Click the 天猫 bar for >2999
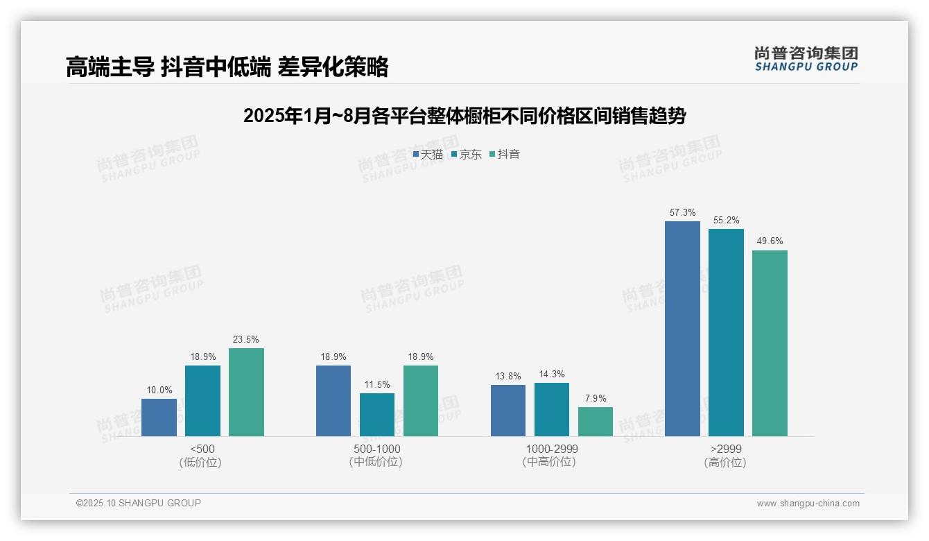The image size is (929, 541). [682, 329]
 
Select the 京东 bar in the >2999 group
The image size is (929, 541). [726, 333]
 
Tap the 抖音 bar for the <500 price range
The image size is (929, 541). [246, 392]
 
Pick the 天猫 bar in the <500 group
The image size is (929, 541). [159, 418]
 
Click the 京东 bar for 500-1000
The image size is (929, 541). [377, 415]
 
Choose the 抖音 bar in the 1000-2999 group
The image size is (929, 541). [596, 422]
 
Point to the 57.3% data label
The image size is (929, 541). [683, 213]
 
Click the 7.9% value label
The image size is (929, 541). [596, 399]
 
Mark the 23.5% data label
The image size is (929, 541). [246, 340]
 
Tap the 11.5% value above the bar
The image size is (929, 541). [377, 385]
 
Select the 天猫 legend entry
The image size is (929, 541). [428, 155]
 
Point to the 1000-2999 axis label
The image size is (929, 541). [551, 449]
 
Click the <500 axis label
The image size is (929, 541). [202, 449]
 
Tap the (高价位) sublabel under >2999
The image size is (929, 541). [725, 462]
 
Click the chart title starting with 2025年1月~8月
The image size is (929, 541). [464, 116]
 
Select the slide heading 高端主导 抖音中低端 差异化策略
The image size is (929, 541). [227, 67]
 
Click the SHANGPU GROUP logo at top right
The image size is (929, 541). [806, 58]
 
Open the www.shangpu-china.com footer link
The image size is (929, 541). [808, 504]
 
